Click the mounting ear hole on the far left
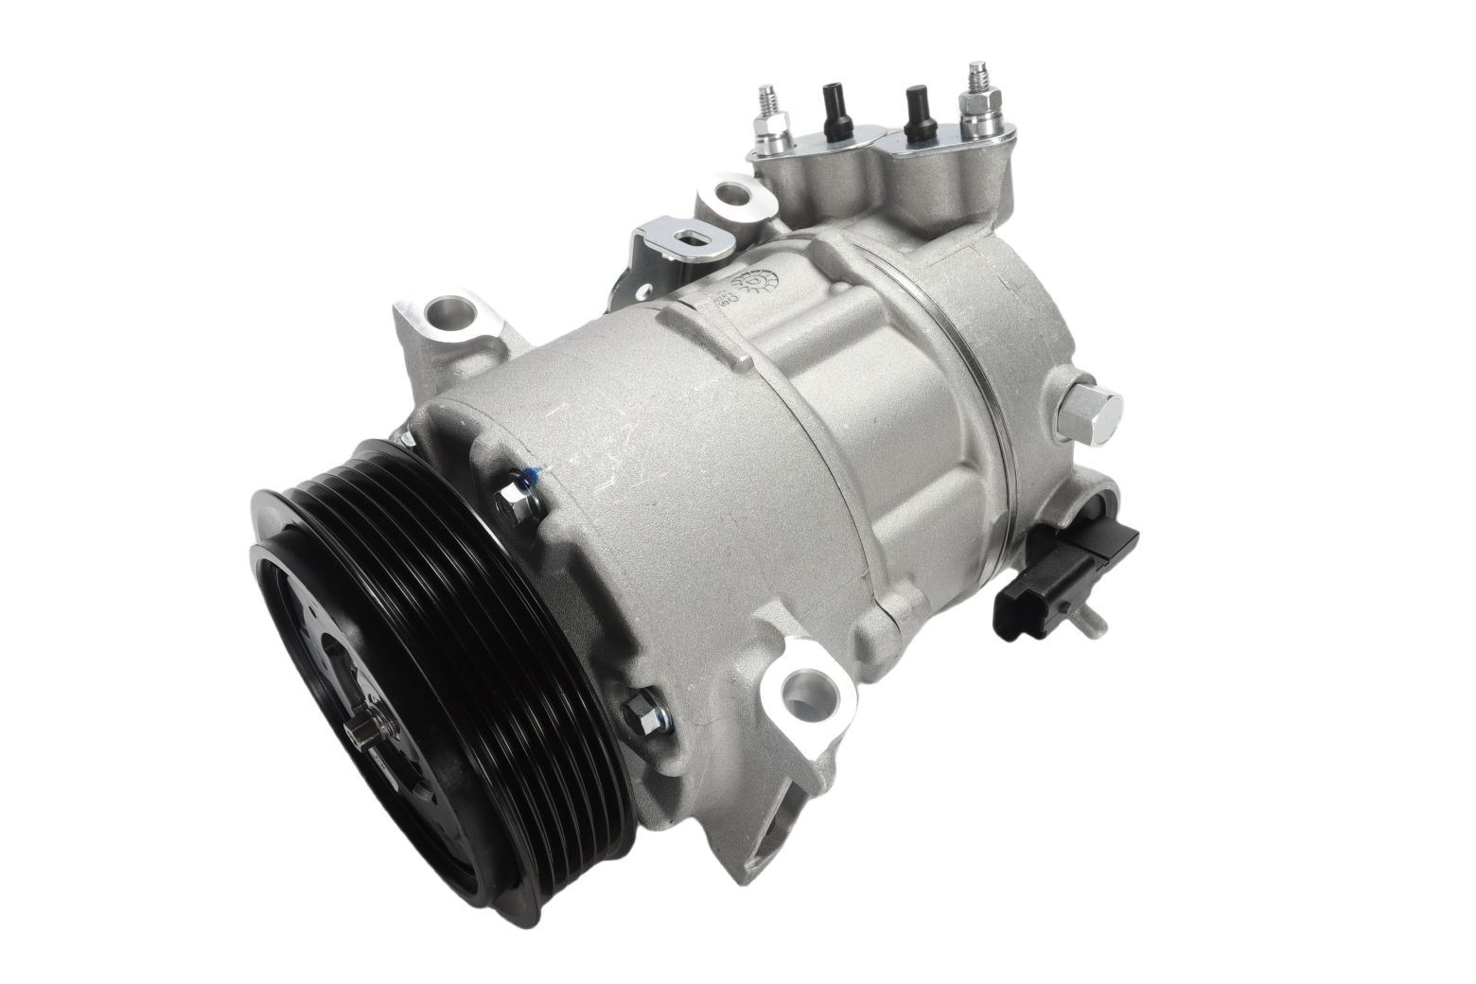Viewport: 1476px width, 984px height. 443,309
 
